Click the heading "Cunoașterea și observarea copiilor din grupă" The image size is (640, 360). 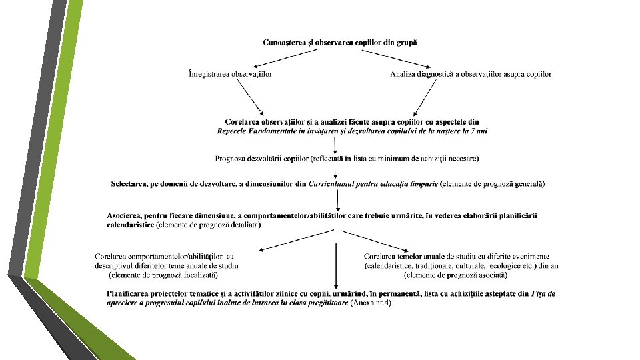coord(340,42)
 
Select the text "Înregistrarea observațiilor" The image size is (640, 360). coord(230,73)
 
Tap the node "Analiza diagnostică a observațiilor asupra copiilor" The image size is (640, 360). coord(471,73)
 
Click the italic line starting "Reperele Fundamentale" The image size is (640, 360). coord(352,131)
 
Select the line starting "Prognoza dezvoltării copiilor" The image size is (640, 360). coord(347,159)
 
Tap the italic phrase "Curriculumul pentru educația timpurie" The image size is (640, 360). coord(373,183)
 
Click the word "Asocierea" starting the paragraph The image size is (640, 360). coord(125,215)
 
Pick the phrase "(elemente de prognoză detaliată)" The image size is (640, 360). coord(208,225)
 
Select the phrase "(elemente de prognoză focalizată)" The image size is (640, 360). coord(163,275)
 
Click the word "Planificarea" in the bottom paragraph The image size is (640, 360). coord(130,293)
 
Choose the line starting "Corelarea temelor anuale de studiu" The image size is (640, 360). coord(457,256)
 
